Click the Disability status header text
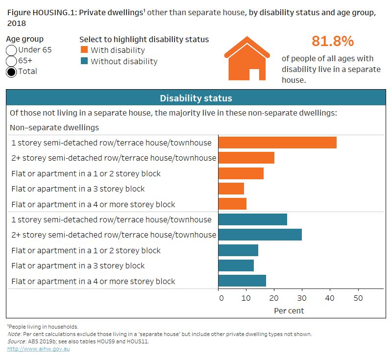tap(196, 98)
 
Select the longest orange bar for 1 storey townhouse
tap(277, 143)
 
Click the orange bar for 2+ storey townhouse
tap(246, 158)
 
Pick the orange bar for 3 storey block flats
tap(231, 189)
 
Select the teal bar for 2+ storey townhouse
tap(260, 235)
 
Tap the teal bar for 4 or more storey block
tap(242, 281)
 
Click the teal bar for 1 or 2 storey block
tap(238, 250)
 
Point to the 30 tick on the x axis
tap(302, 298)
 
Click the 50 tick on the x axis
tap(358, 298)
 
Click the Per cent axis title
tap(289, 311)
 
